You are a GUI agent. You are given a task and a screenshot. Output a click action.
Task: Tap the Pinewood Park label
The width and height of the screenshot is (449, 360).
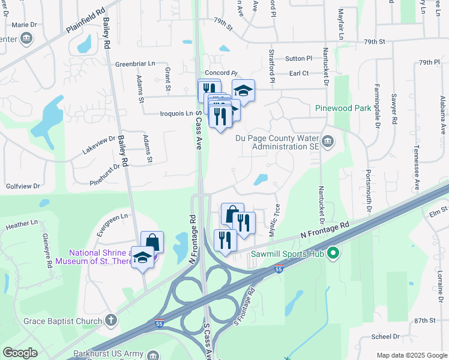[x=343, y=109]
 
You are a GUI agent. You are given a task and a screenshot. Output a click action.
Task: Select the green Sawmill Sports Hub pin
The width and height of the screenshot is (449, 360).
[x=334, y=254]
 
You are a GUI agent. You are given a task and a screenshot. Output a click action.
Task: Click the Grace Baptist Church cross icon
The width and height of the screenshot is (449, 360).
[x=110, y=320]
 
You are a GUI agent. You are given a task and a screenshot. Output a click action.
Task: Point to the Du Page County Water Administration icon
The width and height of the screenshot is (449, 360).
[x=328, y=142]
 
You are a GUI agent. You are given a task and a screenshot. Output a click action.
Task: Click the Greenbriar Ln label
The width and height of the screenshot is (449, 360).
[x=135, y=64]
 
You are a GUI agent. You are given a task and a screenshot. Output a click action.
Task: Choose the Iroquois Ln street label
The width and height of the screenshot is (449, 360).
[x=168, y=112]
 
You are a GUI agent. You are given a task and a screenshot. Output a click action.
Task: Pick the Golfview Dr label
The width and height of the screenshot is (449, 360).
[x=23, y=187]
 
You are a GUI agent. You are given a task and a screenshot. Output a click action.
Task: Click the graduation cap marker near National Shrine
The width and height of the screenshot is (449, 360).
[x=142, y=257]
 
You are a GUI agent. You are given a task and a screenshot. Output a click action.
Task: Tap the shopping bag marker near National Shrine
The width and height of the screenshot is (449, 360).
[x=152, y=242]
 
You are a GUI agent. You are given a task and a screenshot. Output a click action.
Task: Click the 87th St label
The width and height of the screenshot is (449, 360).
[x=424, y=321]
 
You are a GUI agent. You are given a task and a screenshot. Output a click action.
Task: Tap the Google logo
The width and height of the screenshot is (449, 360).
[x=20, y=353]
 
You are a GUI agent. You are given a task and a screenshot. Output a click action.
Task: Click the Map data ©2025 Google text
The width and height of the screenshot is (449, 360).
[x=411, y=355]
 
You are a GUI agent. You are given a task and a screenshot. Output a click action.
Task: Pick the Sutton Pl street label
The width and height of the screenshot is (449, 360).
[x=299, y=58]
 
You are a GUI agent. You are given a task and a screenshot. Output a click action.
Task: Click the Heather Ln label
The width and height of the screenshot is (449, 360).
[x=17, y=226]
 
